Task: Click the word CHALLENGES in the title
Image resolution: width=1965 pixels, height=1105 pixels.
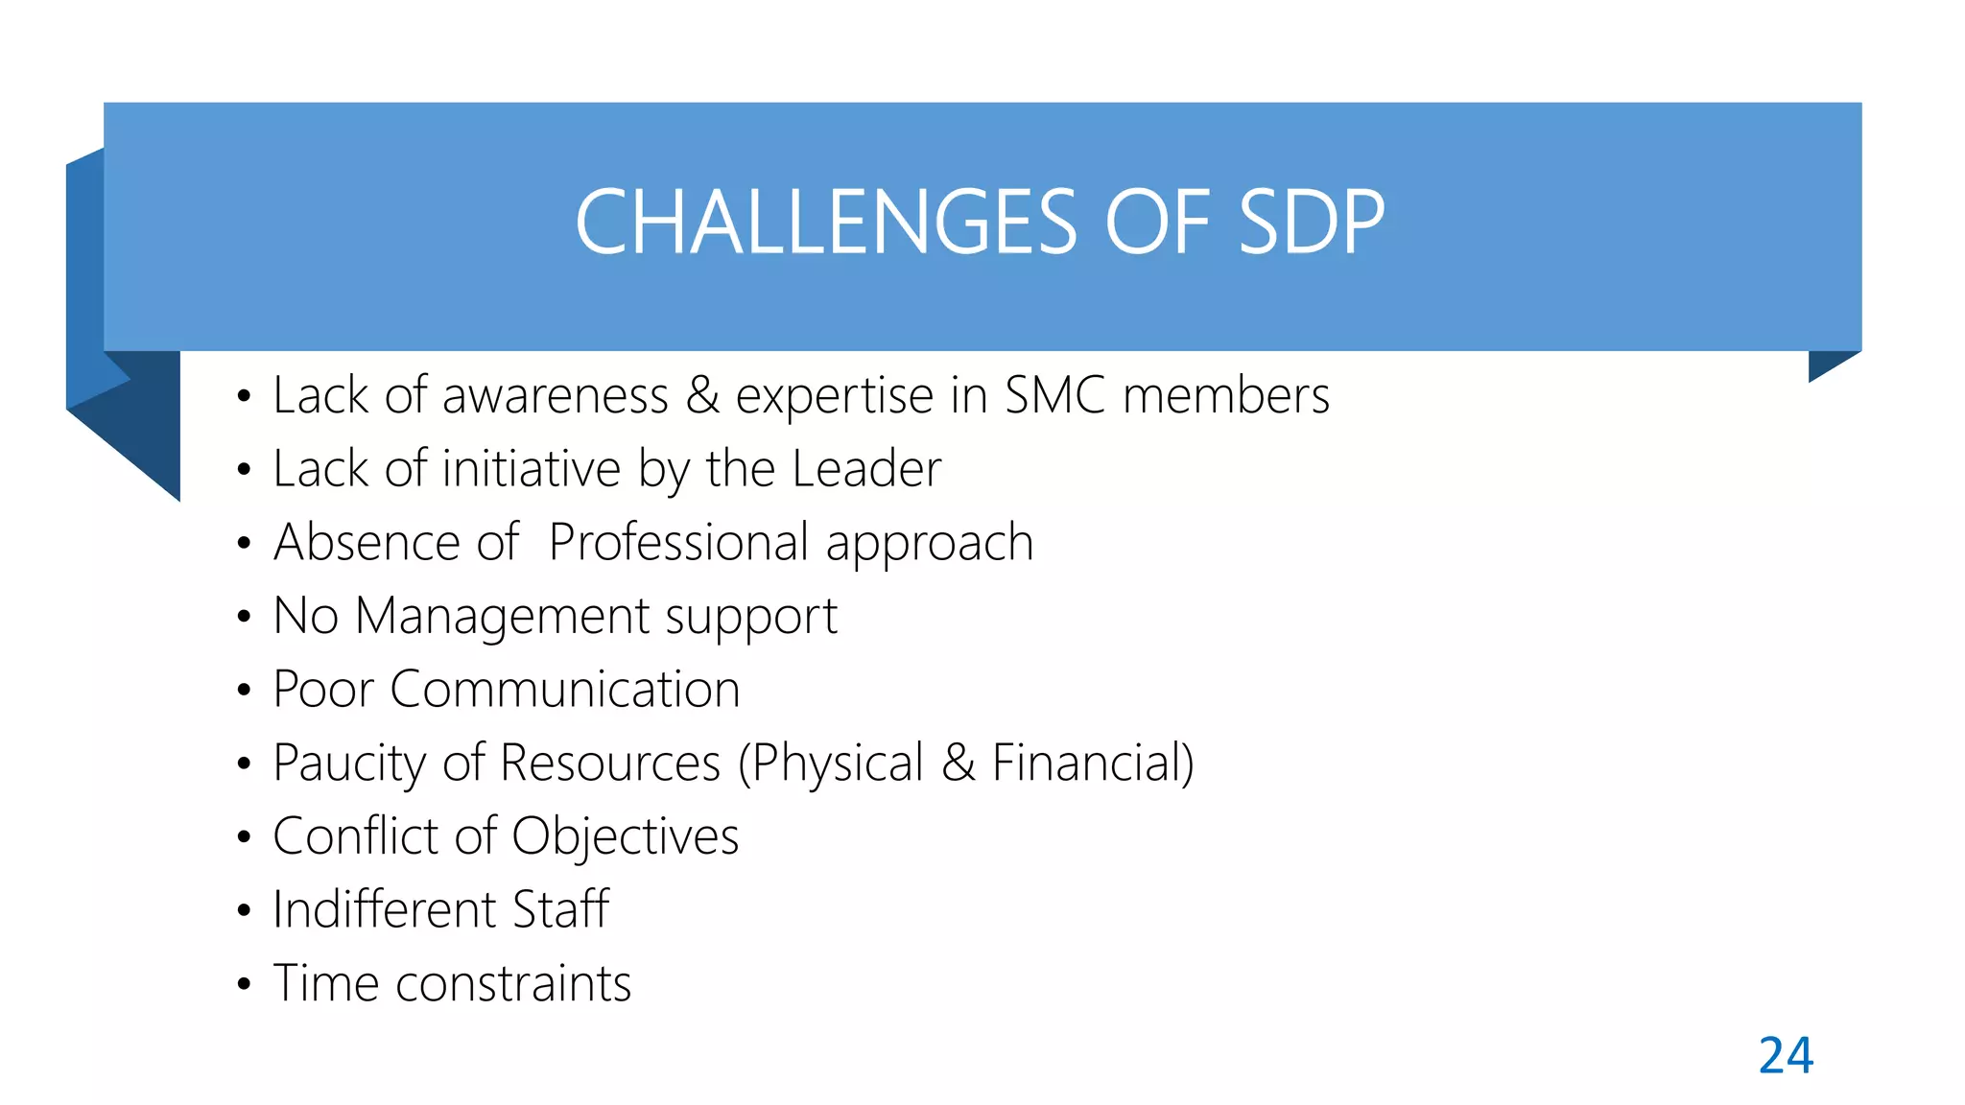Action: tap(825, 223)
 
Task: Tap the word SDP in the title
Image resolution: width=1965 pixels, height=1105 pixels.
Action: tap(1312, 223)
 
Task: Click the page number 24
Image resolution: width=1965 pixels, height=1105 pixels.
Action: tap(1786, 1056)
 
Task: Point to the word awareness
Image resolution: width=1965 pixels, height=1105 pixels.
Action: tap(555, 395)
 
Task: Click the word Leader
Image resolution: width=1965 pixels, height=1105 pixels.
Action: tap(866, 469)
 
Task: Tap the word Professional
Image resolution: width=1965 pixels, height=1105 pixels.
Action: tap(679, 543)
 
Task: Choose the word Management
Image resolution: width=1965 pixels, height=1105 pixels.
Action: tap(502, 616)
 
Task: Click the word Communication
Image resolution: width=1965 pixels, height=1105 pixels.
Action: tap(564, 690)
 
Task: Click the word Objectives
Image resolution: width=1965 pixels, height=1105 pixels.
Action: tap(625, 836)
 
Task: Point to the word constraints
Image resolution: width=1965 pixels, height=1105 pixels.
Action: tap(513, 983)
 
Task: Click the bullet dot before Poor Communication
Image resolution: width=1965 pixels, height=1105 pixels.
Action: tap(244, 690)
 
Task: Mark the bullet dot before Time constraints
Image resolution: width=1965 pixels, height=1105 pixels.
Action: tap(244, 984)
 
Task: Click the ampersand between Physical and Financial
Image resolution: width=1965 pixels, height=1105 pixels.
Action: tap(958, 764)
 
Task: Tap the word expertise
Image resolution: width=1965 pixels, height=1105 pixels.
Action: tap(834, 395)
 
